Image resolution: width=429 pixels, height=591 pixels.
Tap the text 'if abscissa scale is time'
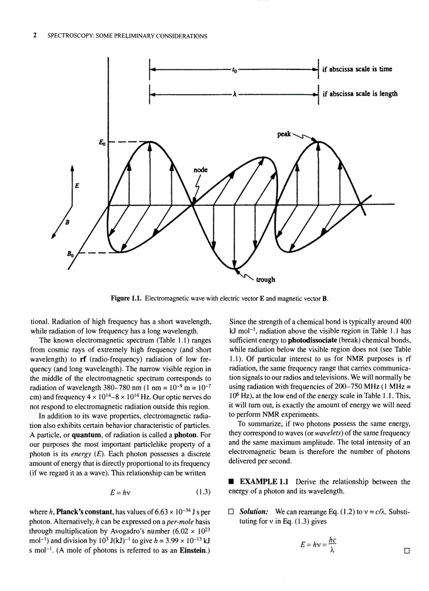click(x=357, y=69)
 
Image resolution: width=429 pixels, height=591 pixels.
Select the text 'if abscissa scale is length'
click(x=360, y=94)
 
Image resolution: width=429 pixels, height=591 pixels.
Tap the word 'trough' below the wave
click(x=265, y=279)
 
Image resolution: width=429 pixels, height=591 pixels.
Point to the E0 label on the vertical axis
click(x=101, y=143)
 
